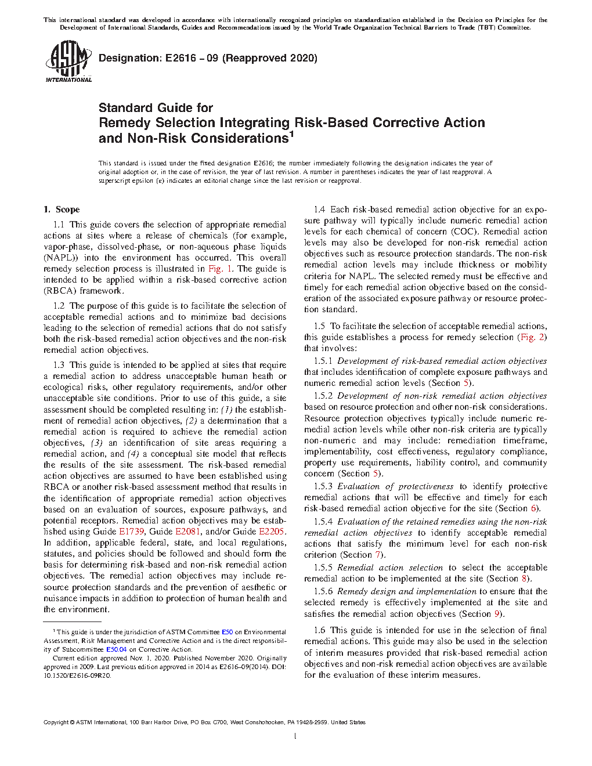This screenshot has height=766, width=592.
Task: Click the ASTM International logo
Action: pyautogui.click(x=68, y=61)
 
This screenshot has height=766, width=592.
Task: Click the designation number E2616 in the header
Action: pyautogui.click(x=181, y=58)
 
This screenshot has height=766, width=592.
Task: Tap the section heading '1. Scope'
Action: pyautogui.click(x=62, y=209)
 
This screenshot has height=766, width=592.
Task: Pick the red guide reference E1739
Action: pyautogui.click(x=131, y=532)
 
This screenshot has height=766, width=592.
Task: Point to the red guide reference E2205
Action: pyautogui.click(x=272, y=532)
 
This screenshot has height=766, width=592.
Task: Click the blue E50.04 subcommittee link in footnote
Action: pyautogui.click(x=116, y=649)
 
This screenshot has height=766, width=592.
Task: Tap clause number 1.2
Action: pyautogui.click(x=59, y=306)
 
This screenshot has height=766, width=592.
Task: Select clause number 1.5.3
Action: pyautogui.click(x=323, y=486)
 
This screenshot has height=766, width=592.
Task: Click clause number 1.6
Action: pyautogui.click(x=319, y=630)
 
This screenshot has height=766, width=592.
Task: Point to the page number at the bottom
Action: pyautogui.click(x=295, y=736)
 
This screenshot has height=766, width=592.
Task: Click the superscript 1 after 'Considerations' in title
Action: pyautogui.click(x=292, y=135)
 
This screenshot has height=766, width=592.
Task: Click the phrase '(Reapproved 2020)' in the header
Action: pyautogui.click(x=270, y=58)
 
